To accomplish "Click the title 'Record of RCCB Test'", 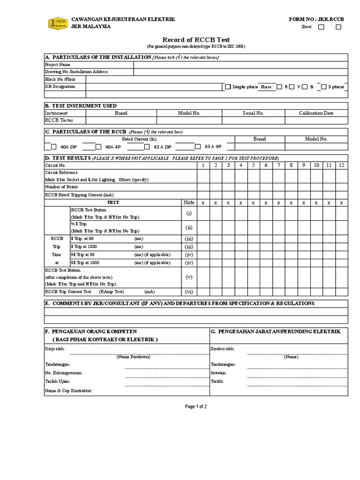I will click(x=195, y=39).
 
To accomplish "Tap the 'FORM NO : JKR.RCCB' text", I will click(x=317, y=19).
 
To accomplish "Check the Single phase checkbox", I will click(x=228, y=87).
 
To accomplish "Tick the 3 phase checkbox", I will click(x=323, y=87).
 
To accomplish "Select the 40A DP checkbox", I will click(x=53, y=146).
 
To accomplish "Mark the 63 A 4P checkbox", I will click(x=198, y=146).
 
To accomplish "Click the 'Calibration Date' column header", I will click(x=316, y=113).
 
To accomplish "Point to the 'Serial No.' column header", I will click(x=253, y=113).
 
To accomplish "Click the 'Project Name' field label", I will click(x=58, y=64).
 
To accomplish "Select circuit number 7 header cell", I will click(x=278, y=165).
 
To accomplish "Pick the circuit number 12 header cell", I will click(x=341, y=165).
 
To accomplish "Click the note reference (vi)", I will click(x=189, y=291).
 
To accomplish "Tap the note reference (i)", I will click(x=189, y=213).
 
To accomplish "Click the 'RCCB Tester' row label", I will click(x=59, y=120).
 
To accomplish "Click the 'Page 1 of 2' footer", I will click(x=195, y=406).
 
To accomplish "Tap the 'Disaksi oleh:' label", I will click(x=223, y=349).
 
